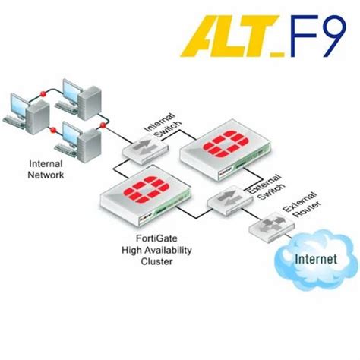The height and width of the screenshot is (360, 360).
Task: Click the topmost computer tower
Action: click(x=91, y=94)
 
